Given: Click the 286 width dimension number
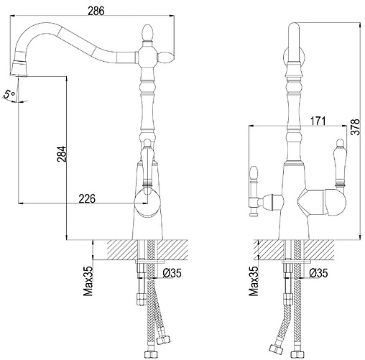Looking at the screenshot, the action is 96,11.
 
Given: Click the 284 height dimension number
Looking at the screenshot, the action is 61,154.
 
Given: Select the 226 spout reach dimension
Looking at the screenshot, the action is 87,198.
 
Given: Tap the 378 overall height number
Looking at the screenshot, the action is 356,127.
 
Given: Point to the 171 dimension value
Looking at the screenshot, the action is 318,121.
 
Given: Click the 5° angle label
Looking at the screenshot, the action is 9,94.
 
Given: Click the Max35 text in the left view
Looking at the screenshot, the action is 88,281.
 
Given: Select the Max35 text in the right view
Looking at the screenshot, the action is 254,281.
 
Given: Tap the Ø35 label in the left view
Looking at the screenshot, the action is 172,273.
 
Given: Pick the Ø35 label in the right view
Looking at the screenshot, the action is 318,273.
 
